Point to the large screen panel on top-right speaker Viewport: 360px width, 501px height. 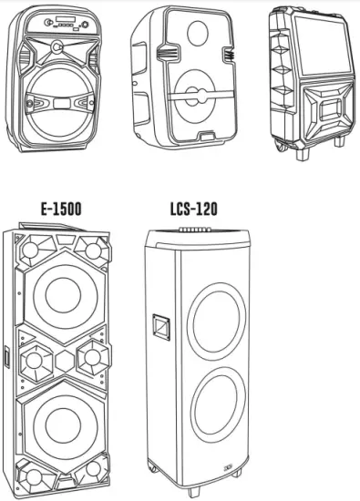click(x=315, y=43)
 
